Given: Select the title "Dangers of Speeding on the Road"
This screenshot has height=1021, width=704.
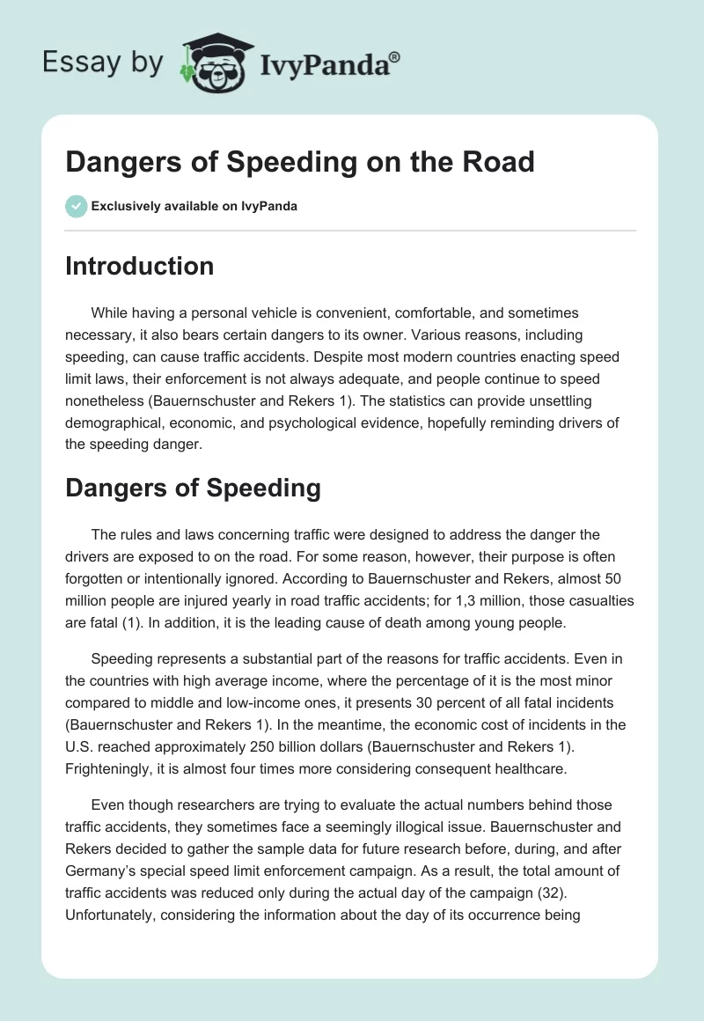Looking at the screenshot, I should [x=300, y=163].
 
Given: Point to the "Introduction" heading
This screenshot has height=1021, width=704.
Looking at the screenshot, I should [x=139, y=266].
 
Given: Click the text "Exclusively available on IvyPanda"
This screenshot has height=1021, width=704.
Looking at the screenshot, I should [x=194, y=207].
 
